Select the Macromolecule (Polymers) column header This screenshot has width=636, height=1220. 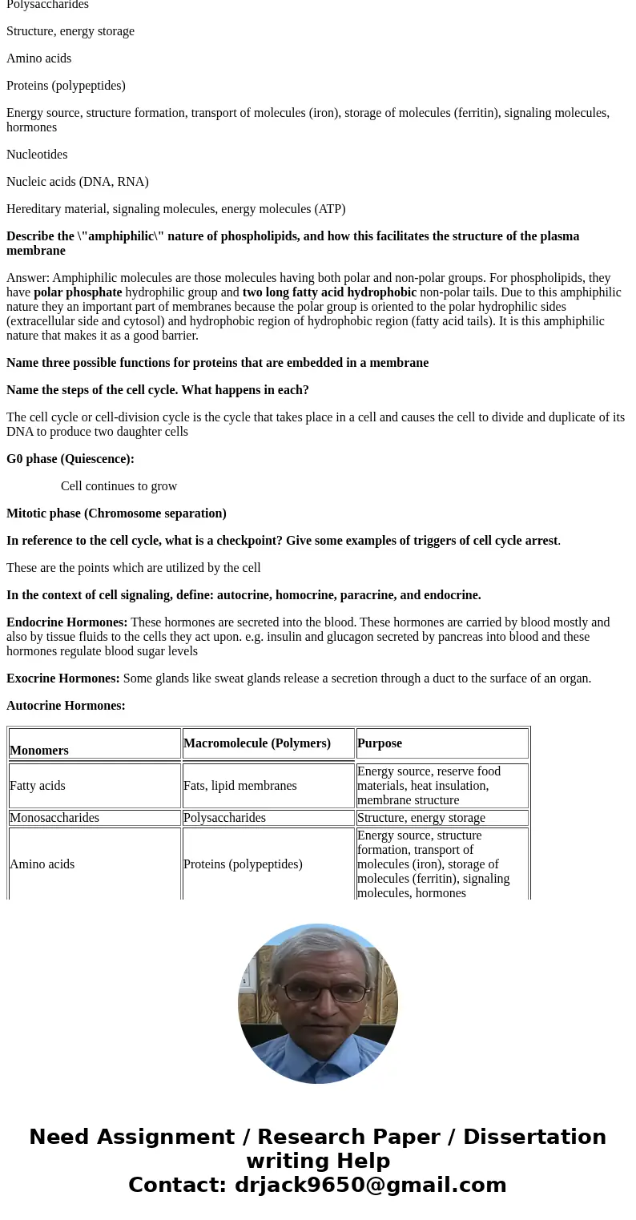(x=256, y=743)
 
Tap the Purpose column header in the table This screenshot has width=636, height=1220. (x=380, y=743)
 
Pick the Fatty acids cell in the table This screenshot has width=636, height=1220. (x=38, y=786)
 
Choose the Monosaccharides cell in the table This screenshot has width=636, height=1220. (x=54, y=818)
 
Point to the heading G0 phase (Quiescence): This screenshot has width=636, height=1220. (x=70, y=459)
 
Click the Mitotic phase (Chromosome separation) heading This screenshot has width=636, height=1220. (x=116, y=513)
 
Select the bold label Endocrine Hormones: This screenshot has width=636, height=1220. (x=67, y=622)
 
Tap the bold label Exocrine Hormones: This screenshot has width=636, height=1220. (x=63, y=678)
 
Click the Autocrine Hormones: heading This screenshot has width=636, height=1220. (x=66, y=706)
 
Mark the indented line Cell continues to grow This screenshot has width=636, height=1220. (x=119, y=486)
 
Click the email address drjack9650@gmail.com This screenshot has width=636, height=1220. (x=370, y=1185)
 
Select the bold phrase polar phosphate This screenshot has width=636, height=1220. (x=78, y=292)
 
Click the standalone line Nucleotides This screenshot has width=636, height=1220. (x=37, y=155)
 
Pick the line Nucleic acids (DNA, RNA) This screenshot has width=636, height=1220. (x=78, y=182)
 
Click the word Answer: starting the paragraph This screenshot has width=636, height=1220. (x=28, y=278)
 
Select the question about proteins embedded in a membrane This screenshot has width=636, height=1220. (x=217, y=363)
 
